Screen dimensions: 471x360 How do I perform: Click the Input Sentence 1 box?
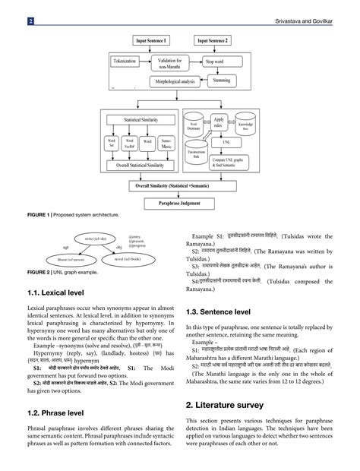tap(151, 40)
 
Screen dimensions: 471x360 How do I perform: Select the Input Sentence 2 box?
tap(216, 40)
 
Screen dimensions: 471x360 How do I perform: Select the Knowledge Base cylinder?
tap(246, 125)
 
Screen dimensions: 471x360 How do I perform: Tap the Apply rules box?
tap(219, 122)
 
